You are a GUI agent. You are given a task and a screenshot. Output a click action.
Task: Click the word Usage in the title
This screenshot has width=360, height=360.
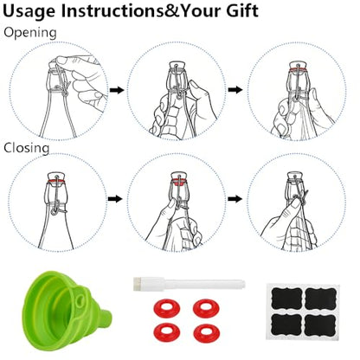(29, 11)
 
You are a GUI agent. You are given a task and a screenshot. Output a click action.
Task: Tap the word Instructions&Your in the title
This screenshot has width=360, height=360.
(141, 10)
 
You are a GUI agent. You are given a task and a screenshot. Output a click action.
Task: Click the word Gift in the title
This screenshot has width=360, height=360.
(241, 10)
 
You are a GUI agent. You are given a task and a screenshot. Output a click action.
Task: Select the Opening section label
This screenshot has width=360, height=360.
(30, 33)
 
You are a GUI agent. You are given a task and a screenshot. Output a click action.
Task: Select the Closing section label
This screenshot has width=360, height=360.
(27, 148)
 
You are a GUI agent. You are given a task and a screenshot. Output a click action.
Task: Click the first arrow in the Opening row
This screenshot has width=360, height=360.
(117, 90)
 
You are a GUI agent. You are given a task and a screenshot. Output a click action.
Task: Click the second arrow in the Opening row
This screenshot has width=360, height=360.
(235, 90)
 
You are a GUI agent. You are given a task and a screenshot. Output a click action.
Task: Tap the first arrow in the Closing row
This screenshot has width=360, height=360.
(115, 199)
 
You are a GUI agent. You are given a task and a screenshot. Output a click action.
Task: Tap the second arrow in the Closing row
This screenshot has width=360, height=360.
(235, 199)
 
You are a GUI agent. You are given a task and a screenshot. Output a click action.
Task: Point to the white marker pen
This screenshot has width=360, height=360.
(190, 284)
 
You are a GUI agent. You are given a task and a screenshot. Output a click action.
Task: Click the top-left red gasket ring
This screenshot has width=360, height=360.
(167, 307)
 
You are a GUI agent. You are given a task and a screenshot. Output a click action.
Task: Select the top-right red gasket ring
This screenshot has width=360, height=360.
(206, 307)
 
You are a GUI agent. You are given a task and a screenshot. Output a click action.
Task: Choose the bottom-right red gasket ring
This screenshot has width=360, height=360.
(206, 332)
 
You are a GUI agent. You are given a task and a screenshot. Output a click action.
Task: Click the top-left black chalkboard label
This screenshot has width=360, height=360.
(286, 298)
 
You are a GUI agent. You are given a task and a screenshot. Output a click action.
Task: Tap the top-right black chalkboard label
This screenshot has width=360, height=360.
(320, 298)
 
